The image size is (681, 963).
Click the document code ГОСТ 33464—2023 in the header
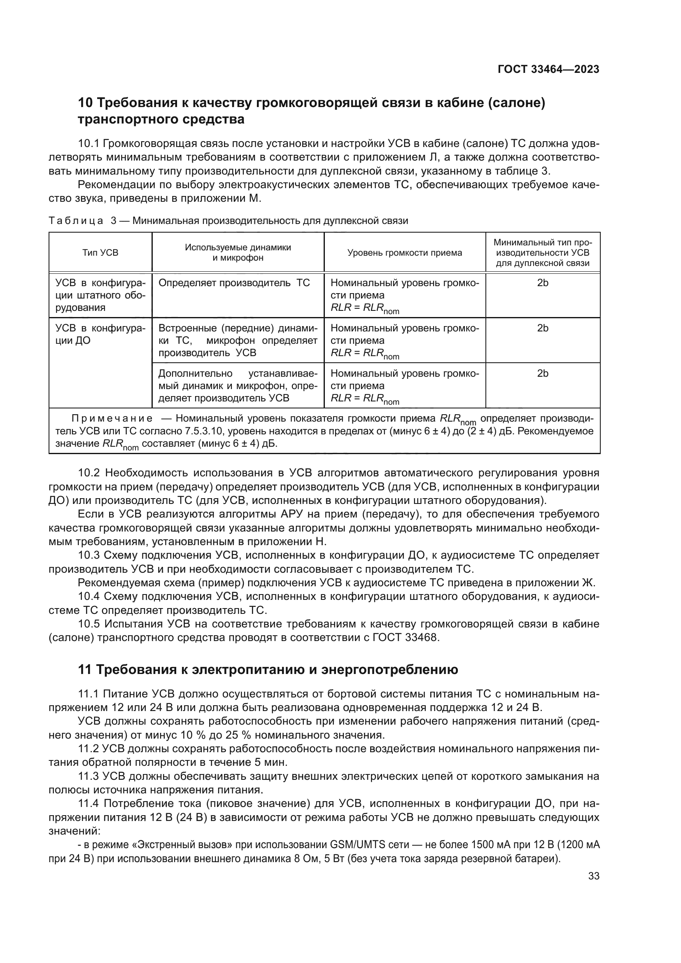pos(548,69)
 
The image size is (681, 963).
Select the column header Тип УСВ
pos(100,252)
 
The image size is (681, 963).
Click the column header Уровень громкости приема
pos(405,252)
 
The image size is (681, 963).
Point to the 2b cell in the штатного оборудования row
pos(543,283)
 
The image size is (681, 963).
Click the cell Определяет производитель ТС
pos(234,283)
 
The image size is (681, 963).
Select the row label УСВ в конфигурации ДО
pos(100,334)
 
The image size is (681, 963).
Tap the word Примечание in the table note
pos(112,419)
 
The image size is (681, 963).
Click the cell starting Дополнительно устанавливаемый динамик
pos(238,385)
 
